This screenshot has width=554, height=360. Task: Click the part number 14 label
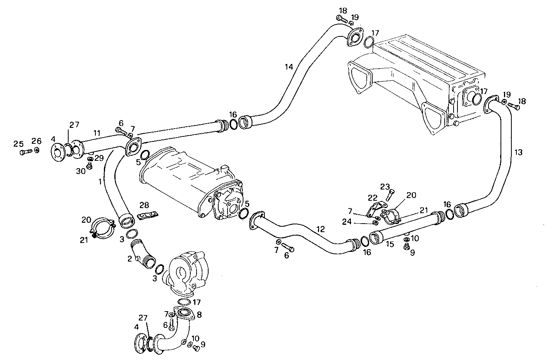click(x=289, y=67)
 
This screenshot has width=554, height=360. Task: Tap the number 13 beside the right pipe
click(x=518, y=152)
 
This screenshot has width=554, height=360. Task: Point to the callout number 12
click(x=320, y=229)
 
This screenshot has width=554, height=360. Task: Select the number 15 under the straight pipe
click(x=390, y=245)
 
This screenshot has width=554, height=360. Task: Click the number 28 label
click(x=144, y=205)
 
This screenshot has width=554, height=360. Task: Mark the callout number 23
click(x=384, y=186)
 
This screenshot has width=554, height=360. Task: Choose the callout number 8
click(x=199, y=315)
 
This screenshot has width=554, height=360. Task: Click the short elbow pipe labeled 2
click(x=142, y=254)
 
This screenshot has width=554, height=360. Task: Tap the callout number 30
click(x=80, y=171)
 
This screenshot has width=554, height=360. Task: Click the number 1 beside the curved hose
click(x=100, y=181)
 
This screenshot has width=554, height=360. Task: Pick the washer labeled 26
click(x=36, y=150)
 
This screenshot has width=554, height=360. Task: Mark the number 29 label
click(x=98, y=158)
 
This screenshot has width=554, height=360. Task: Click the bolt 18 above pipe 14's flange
click(x=342, y=18)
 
